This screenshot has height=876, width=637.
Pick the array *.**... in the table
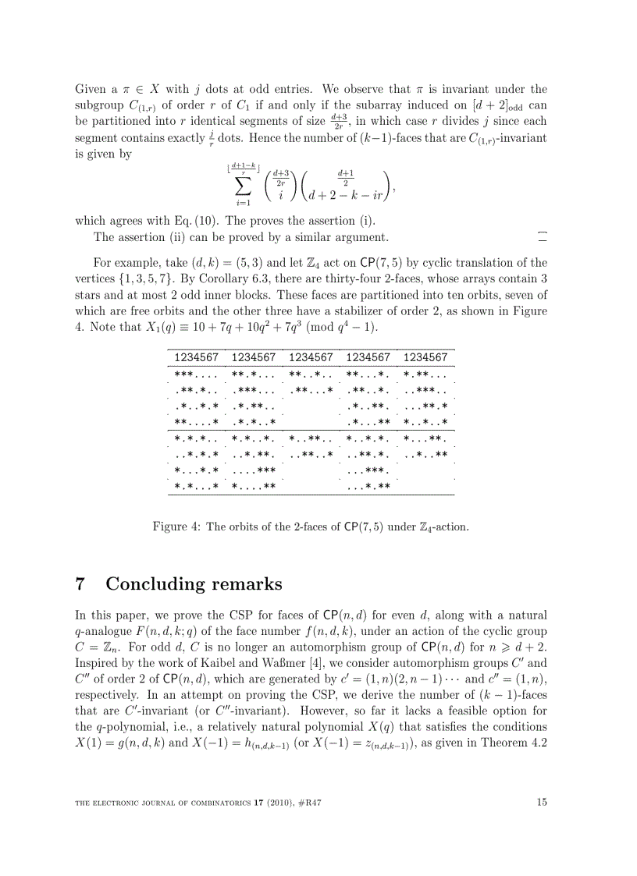(425, 374)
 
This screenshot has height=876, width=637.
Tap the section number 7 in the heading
(80, 583)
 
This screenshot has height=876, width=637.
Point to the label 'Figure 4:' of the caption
(176, 527)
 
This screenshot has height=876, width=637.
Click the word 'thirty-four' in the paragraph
(308, 278)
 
